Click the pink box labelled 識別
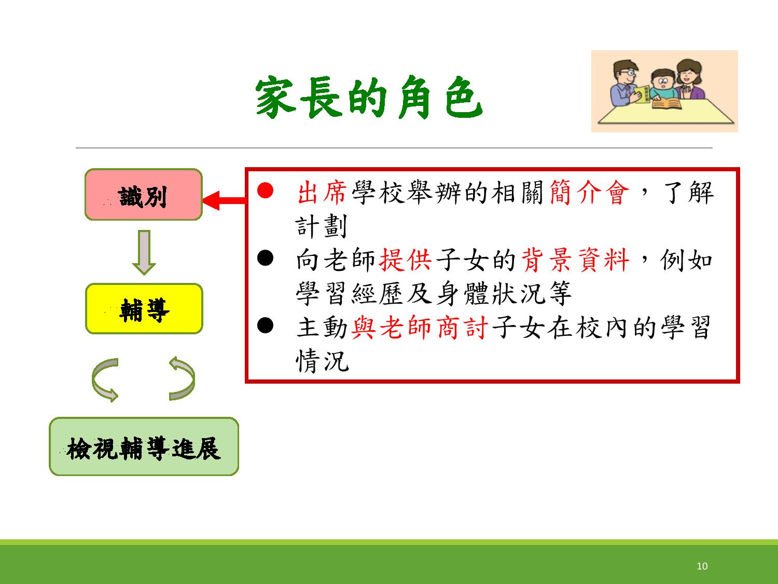point(144,194)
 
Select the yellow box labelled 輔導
point(144,308)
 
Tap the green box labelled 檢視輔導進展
point(144,446)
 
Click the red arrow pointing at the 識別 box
point(224,200)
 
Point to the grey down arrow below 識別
point(144,252)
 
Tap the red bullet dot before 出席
point(265,191)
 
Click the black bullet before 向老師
point(265,258)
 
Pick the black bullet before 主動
point(265,325)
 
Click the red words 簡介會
point(589,192)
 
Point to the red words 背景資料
point(575,260)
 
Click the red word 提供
point(406,260)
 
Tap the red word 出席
point(322,192)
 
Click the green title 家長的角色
point(369,97)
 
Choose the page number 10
point(702,566)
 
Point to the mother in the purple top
point(689,80)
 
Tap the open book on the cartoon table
point(667,103)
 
